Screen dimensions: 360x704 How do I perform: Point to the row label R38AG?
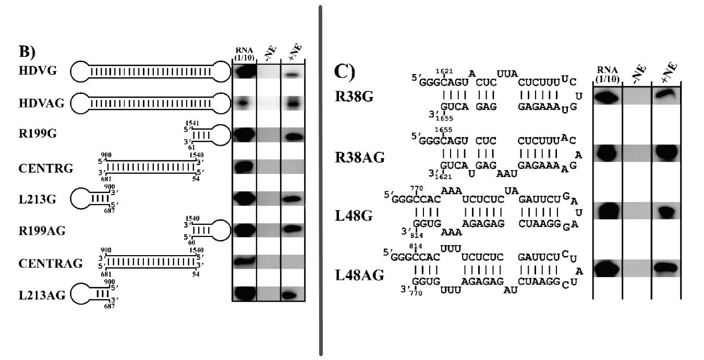click(x=359, y=157)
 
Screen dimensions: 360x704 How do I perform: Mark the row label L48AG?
click(x=359, y=274)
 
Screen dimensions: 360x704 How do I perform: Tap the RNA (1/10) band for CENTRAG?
click(x=244, y=261)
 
